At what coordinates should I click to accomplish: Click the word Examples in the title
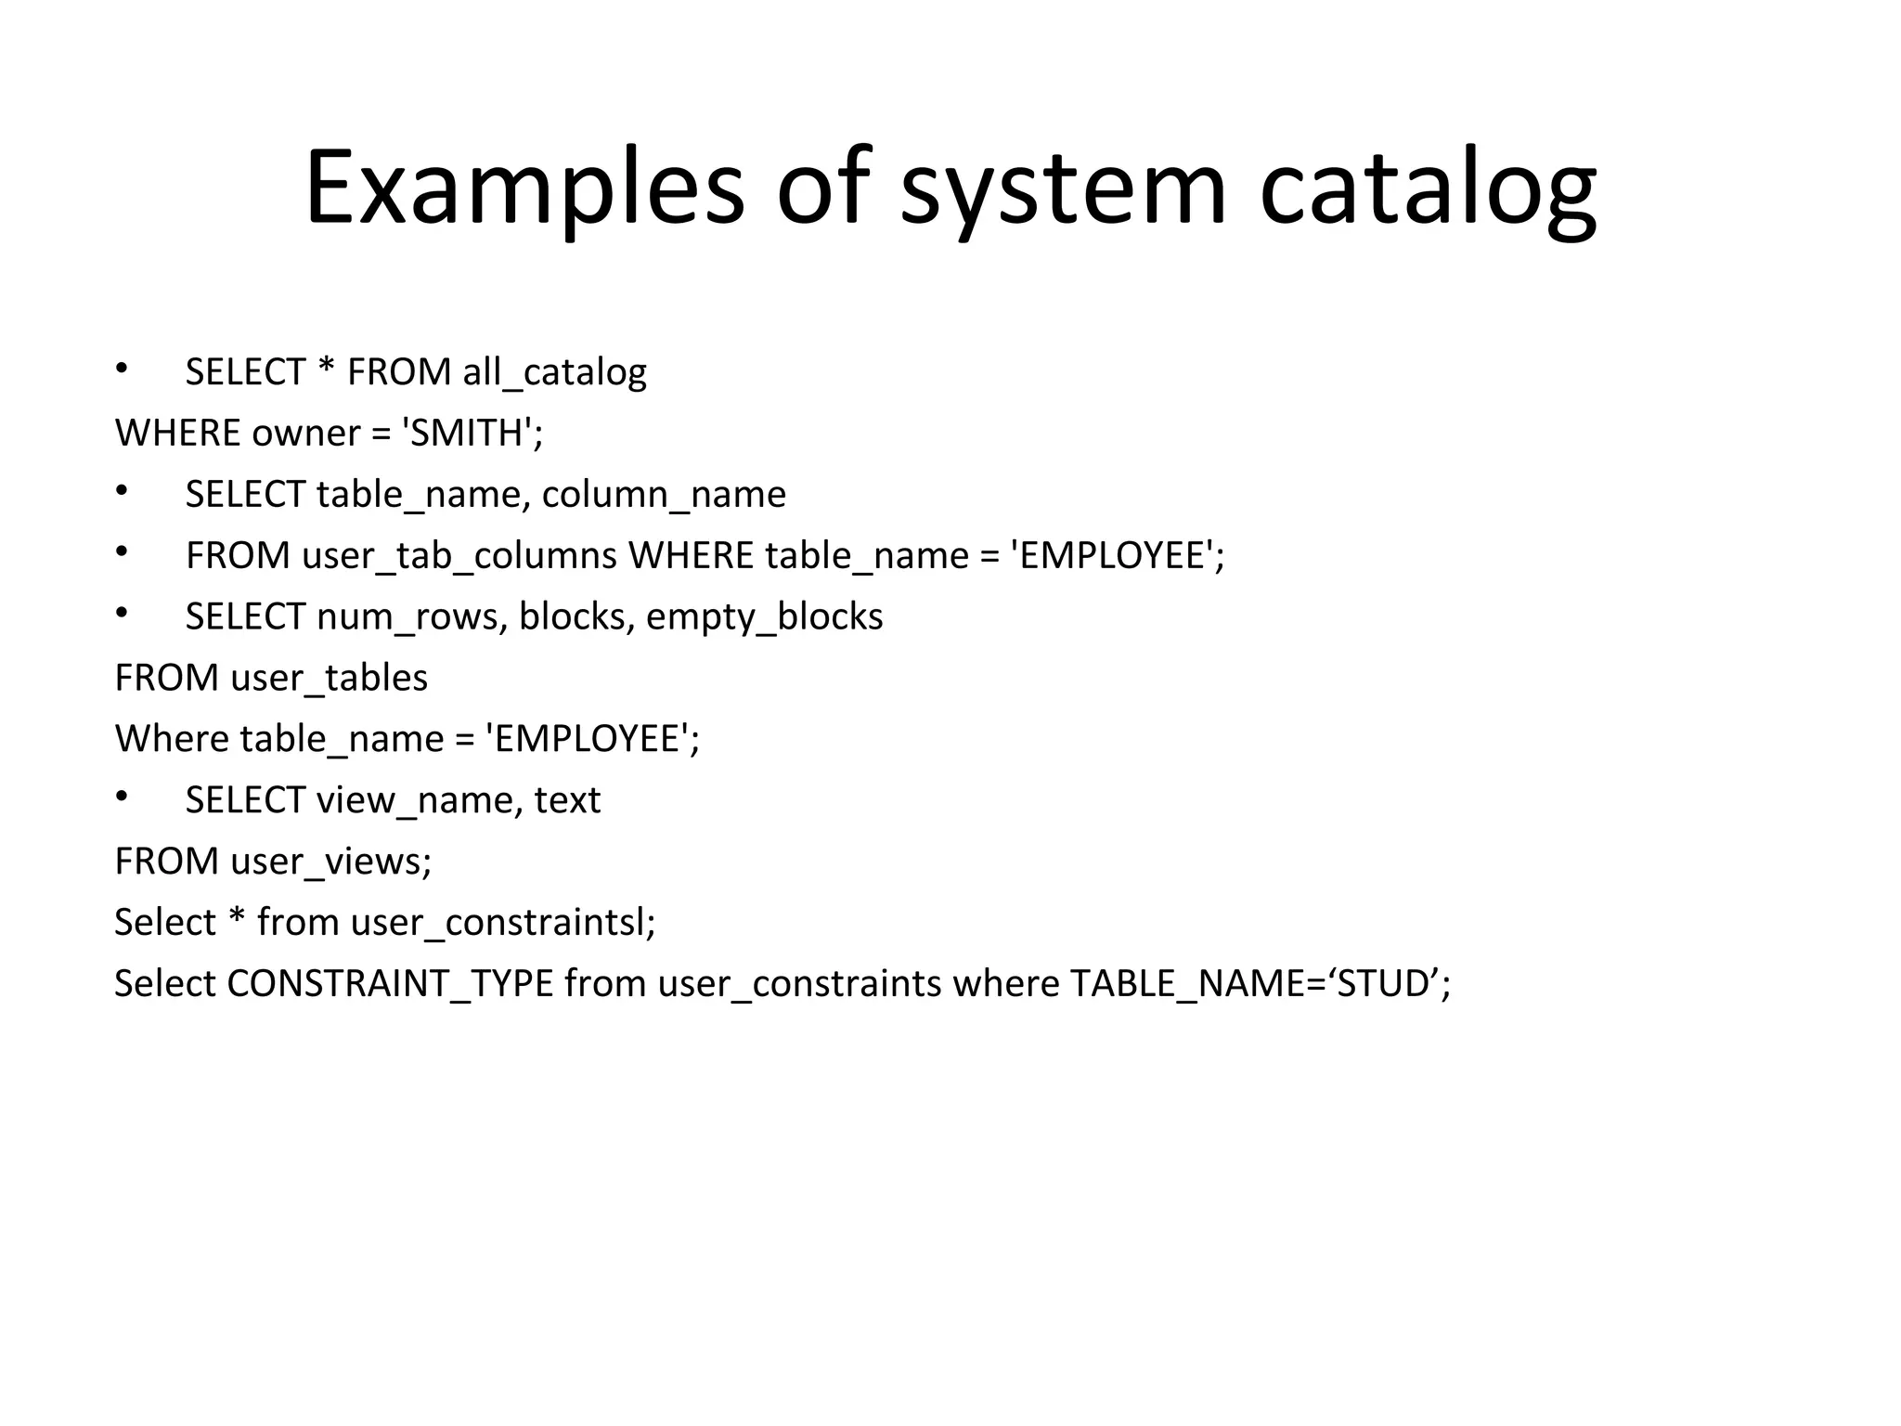(524, 188)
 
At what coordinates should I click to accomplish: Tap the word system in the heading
(1064, 188)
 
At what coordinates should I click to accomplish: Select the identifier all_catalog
(554, 372)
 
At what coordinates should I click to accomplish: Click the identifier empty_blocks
(764, 617)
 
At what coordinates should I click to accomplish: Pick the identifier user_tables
(329, 678)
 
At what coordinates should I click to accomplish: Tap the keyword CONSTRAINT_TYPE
(390, 984)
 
